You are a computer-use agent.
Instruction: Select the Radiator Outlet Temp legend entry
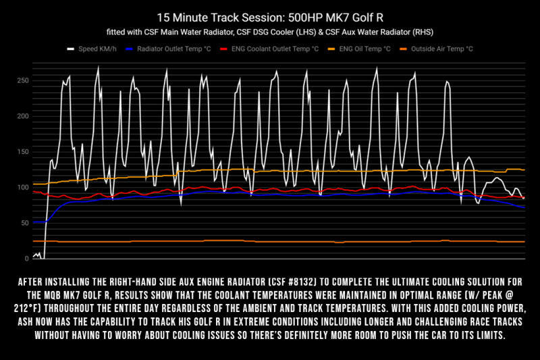[182, 49]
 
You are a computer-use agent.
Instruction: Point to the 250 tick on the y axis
[23, 80]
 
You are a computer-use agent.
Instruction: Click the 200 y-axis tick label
[23, 116]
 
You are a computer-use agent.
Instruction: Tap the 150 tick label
[23, 152]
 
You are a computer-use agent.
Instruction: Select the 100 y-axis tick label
[23, 187]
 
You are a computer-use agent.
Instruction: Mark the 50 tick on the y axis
[25, 223]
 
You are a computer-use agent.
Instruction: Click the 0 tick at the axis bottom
[27, 259]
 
